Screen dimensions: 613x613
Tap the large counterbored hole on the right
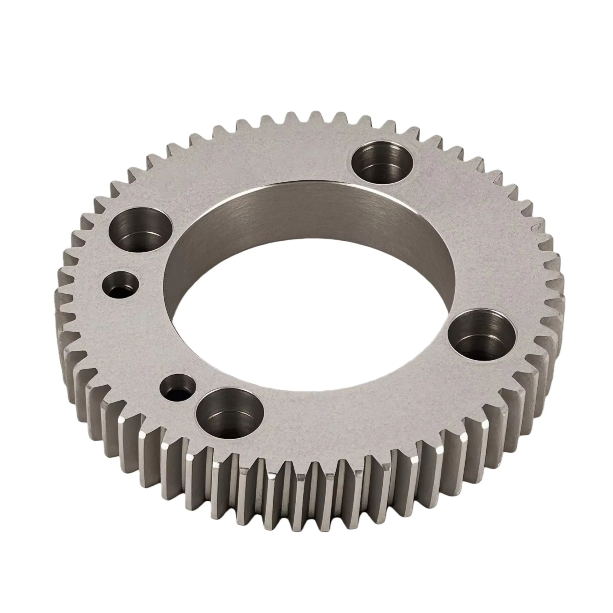482,336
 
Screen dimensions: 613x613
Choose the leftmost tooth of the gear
62,305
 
